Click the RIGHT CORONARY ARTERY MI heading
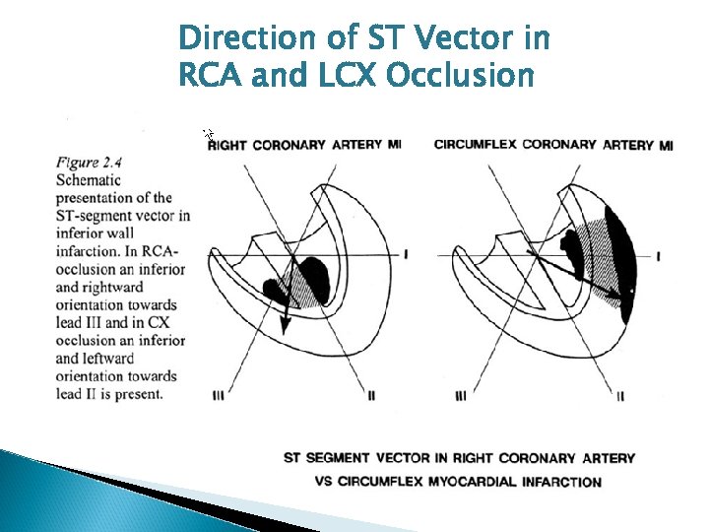[304, 145]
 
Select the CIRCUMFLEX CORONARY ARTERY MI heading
[553, 145]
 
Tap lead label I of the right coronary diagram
[407, 254]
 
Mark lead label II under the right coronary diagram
[372, 396]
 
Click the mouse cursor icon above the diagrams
[208, 134]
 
